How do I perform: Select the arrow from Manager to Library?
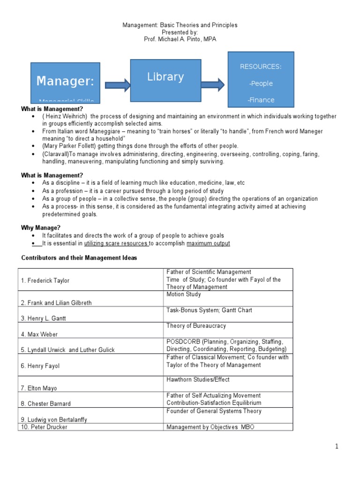coord(118,85)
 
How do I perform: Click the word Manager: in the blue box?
coord(65,81)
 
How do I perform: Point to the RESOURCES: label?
coord(261,67)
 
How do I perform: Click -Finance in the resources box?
coord(261,100)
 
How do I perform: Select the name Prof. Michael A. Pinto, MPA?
coord(180,39)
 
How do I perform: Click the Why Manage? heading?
coord(41,228)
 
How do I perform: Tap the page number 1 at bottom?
coord(337,447)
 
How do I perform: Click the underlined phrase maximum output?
coord(208,244)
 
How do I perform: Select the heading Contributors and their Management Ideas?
coord(79,258)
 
